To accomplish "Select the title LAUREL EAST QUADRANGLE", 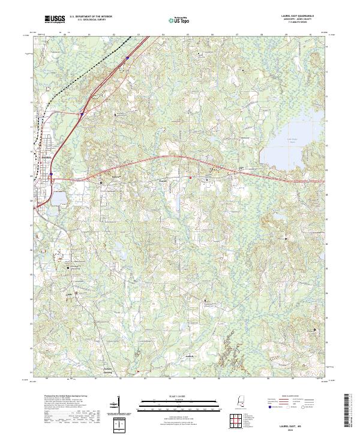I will coord(297,16).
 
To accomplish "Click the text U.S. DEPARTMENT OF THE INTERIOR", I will coord(91,17).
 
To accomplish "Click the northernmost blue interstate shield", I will coord(127,58).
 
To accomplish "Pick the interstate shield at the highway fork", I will coord(80,112).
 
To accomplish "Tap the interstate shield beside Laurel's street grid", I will coord(52,176).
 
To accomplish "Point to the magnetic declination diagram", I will coord(120,423).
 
